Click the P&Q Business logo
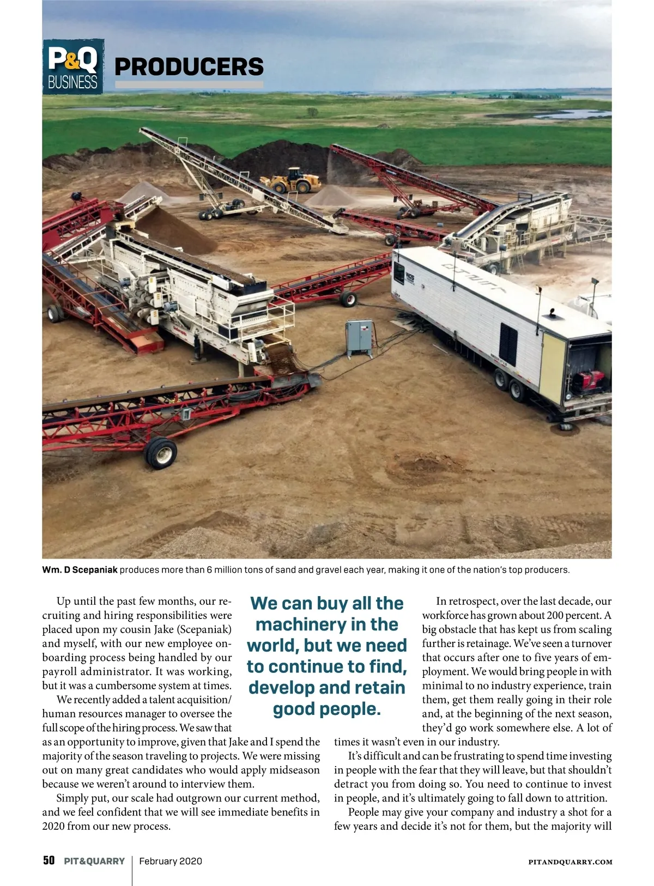pyautogui.click(x=73, y=66)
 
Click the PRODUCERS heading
pyautogui.click(x=189, y=67)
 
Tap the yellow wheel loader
pyautogui.click(x=290, y=180)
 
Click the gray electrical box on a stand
pyautogui.click(x=360, y=336)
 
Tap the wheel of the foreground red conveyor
pyautogui.click(x=161, y=452)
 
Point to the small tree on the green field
pyautogui.click(x=312, y=112)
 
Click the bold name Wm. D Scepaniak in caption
pyautogui.click(x=80, y=570)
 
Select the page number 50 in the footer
pyautogui.click(x=49, y=861)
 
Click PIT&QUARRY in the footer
pyautogui.click(x=94, y=861)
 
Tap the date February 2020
pyautogui.click(x=171, y=861)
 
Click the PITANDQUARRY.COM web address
pyautogui.click(x=571, y=862)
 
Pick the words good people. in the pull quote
pyautogui.click(x=326, y=709)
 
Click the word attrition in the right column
pyautogui.click(x=587, y=798)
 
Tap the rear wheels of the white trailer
pyautogui.click(x=510, y=384)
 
